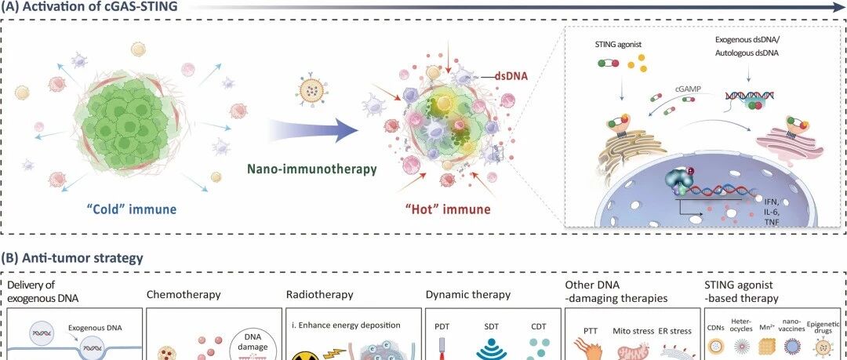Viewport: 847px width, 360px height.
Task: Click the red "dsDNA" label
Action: (511, 77)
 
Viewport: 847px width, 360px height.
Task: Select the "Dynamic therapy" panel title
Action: (468, 295)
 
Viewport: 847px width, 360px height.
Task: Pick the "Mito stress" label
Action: (633, 331)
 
